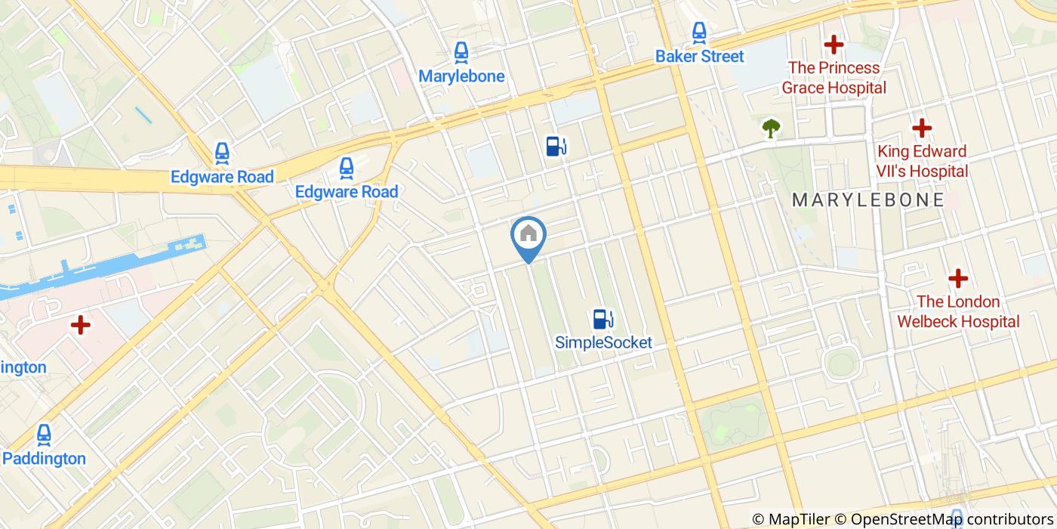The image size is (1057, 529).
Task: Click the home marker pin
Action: tap(528, 234)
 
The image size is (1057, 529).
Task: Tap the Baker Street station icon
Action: tap(700, 32)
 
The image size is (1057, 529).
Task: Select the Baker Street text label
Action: tap(700, 56)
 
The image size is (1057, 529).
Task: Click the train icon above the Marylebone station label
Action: tap(461, 52)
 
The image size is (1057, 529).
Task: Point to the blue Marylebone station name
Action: tap(461, 76)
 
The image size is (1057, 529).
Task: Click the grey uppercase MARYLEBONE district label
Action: tap(868, 200)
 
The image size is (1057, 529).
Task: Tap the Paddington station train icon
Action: tap(44, 435)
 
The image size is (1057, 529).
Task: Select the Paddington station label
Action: tap(44, 459)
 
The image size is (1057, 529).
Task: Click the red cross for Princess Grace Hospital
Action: tap(834, 45)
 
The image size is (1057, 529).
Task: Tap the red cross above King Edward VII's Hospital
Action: tap(921, 128)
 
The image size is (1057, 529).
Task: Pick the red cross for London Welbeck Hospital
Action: tap(958, 278)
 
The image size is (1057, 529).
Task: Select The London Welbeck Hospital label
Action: tap(958, 311)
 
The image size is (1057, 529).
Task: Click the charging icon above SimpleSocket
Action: tap(602, 318)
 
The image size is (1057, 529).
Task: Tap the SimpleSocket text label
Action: tap(603, 342)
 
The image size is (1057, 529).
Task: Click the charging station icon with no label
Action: tap(556, 146)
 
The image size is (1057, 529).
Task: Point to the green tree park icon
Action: tap(770, 128)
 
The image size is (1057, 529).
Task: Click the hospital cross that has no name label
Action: tap(80, 326)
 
